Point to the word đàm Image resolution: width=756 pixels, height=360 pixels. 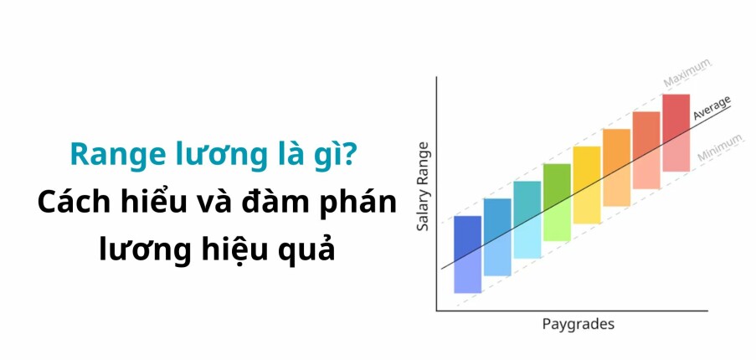278,202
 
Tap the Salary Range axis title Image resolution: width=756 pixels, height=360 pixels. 423,188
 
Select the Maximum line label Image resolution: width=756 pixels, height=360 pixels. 687,73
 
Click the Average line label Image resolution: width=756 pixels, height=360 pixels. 712,108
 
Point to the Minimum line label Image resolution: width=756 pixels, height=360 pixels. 714,147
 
